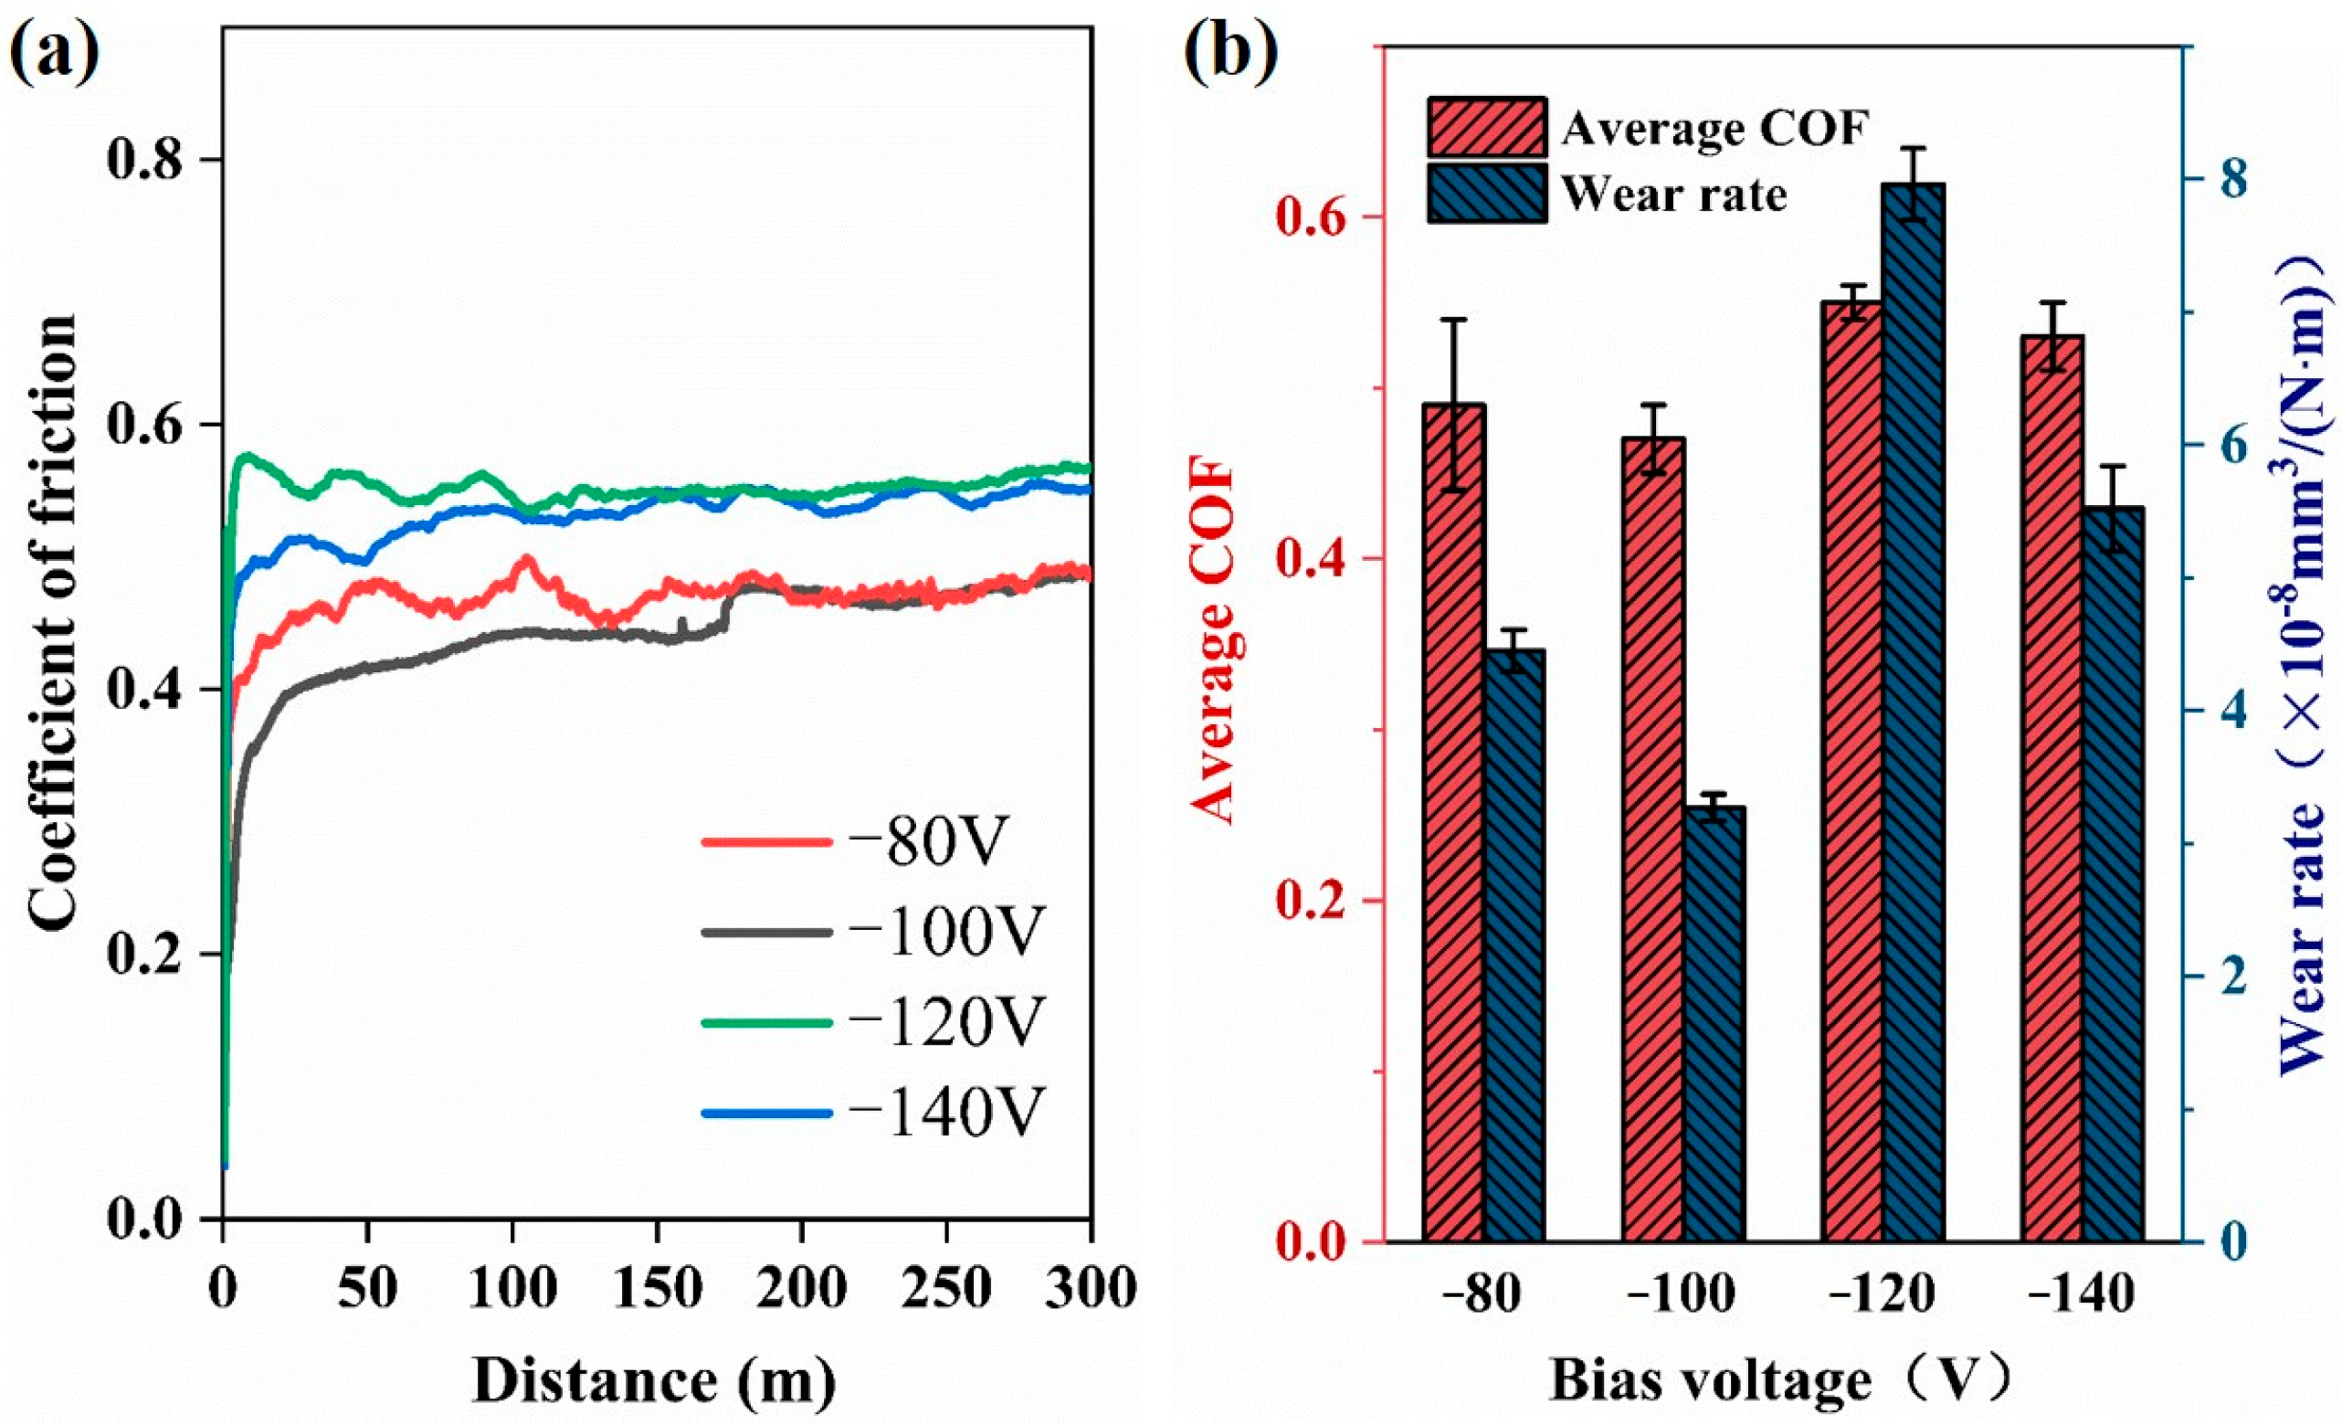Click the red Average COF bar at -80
pos(1454,821)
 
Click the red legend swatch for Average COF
pos(1486,127)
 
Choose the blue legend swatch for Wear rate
pos(1486,194)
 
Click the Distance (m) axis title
pos(655,1381)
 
